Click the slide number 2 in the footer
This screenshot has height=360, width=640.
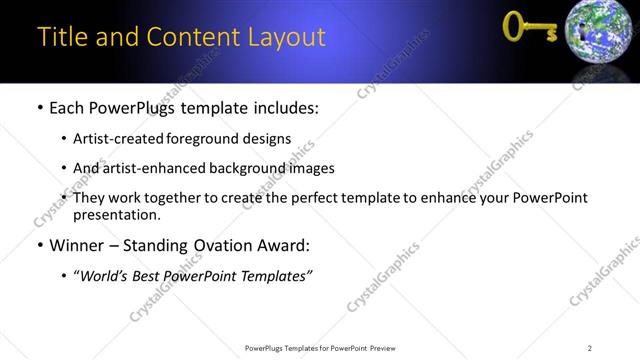(590, 348)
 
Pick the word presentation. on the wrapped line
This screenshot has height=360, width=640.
(116, 214)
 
